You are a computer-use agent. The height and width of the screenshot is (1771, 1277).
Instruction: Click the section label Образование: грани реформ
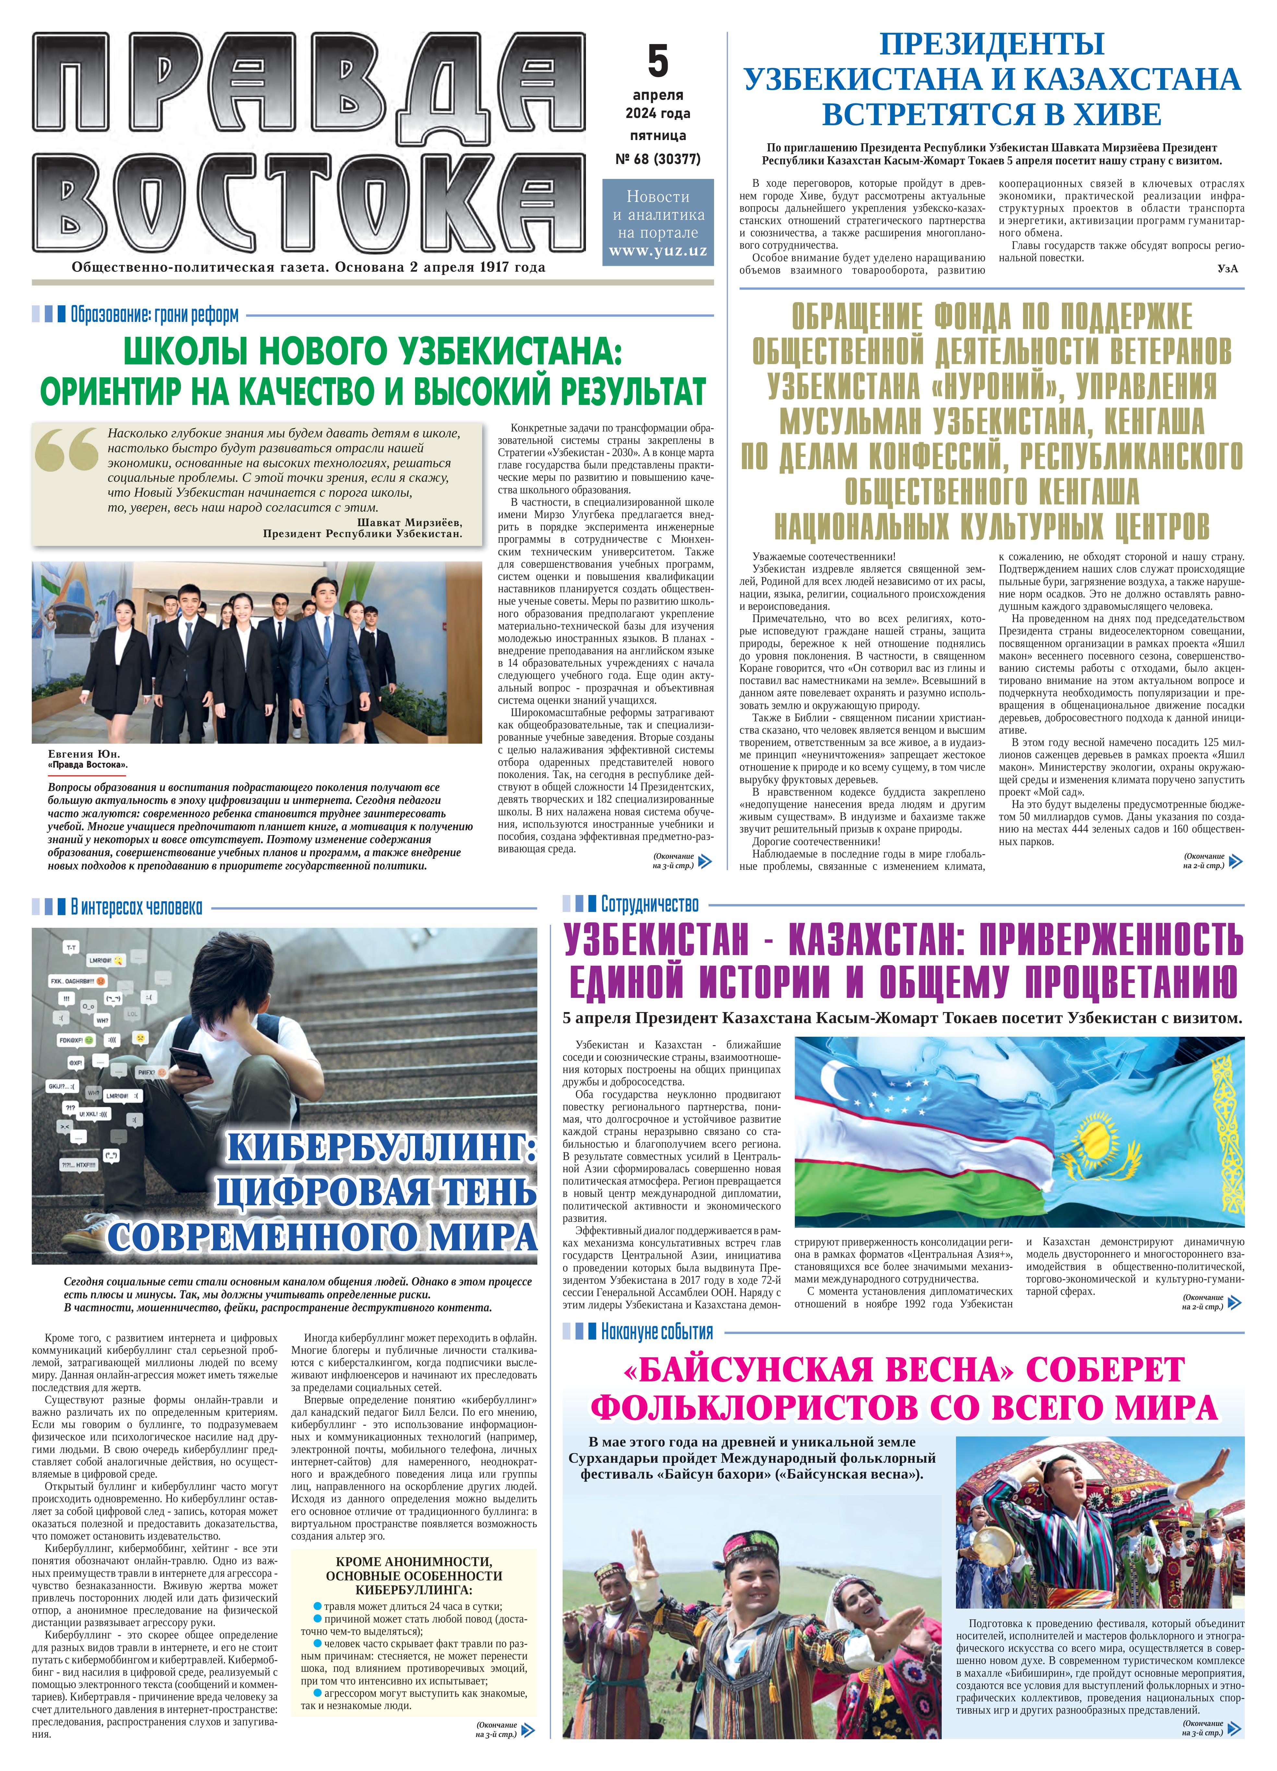pos(155,315)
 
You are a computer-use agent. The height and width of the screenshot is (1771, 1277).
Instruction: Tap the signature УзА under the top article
pos(1227,269)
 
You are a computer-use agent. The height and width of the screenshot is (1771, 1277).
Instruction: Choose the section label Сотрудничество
pos(650,904)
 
